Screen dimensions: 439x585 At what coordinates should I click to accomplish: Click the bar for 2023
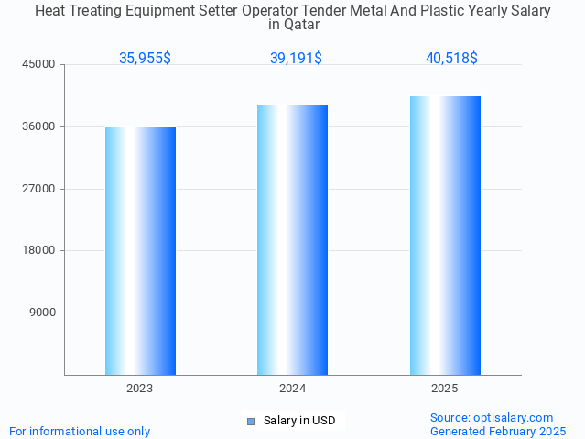pos(140,251)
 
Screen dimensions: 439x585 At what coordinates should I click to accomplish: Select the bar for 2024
pos(292,240)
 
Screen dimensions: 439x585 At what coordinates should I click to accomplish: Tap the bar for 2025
pos(445,236)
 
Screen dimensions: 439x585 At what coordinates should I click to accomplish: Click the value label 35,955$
pos(145,58)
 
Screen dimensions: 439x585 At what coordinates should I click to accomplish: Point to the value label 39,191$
pos(296,58)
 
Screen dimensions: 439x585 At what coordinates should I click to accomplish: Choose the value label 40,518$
pos(451,58)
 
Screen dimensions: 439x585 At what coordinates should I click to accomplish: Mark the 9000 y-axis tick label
pos(43,313)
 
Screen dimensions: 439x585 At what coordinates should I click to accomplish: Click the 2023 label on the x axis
pos(140,389)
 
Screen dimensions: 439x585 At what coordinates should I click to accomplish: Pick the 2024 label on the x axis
pos(292,389)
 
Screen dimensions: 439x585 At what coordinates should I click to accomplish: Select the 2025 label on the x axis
pos(445,389)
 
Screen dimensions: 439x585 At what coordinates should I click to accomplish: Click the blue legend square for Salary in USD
pos(250,422)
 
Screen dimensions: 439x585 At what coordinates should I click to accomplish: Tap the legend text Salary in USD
pos(299,421)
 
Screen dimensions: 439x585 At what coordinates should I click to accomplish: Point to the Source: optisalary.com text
pos(492,417)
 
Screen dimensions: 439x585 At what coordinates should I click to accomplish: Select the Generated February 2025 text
pos(498,431)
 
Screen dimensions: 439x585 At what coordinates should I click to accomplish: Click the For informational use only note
pos(80,431)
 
